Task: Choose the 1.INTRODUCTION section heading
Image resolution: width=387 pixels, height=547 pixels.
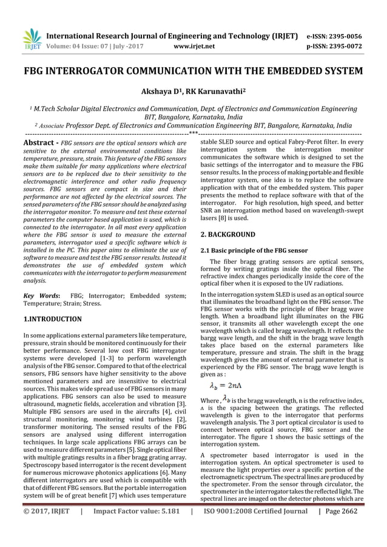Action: [52, 318]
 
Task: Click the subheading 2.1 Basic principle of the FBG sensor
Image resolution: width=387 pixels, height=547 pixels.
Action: [254, 250]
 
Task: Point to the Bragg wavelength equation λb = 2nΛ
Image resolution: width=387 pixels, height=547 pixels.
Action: [226, 385]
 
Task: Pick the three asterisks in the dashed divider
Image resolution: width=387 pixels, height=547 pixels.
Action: [193, 133]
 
